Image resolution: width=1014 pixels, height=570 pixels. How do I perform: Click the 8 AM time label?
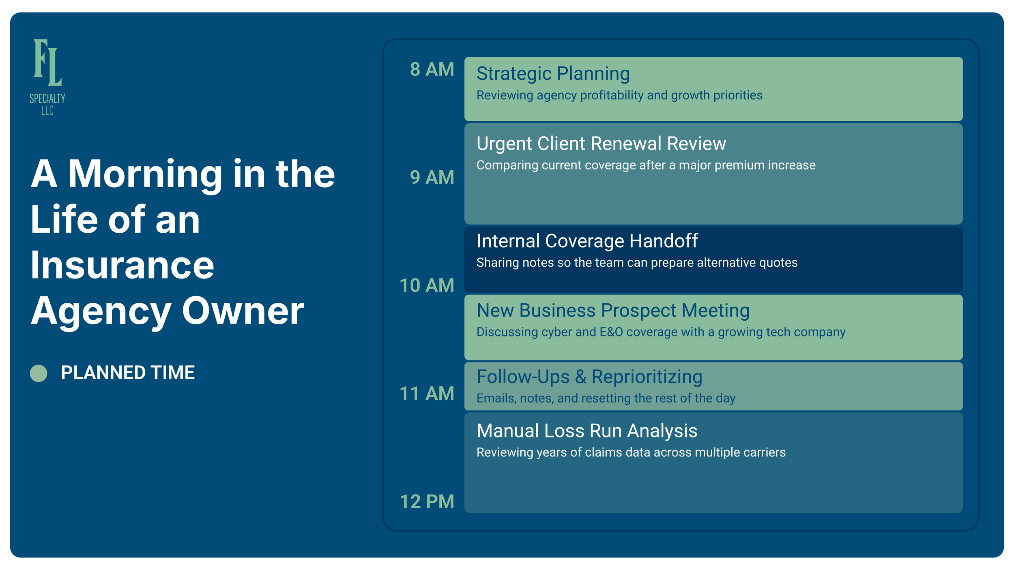(x=432, y=69)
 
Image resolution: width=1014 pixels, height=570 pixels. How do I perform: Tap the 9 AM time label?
(x=432, y=177)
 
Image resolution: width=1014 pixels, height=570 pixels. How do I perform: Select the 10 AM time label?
(x=427, y=285)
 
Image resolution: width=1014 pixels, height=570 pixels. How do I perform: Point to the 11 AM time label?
(x=427, y=393)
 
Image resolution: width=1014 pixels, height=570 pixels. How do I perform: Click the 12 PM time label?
(x=427, y=501)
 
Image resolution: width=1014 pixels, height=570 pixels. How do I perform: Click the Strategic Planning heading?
(x=553, y=74)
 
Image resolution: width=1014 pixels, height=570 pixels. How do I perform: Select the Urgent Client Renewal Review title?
(x=601, y=144)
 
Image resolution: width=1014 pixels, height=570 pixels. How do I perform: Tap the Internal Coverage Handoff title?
(x=587, y=241)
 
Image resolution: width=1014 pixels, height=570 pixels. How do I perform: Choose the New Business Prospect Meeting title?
(x=613, y=311)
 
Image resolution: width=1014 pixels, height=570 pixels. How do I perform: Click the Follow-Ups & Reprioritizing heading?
(x=589, y=377)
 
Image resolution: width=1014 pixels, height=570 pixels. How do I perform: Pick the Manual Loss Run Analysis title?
(x=586, y=431)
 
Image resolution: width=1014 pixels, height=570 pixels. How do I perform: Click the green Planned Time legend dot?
(x=39, y=373)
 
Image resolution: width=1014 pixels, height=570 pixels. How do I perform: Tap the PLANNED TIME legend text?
(x=128, y=373)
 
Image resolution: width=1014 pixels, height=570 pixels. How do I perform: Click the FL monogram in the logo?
(x=47, y=63)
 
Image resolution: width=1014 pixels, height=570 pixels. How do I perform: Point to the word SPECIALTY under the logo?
(x=47, y=99)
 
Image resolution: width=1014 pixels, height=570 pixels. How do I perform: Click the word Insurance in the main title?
(x=122, y=265)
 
